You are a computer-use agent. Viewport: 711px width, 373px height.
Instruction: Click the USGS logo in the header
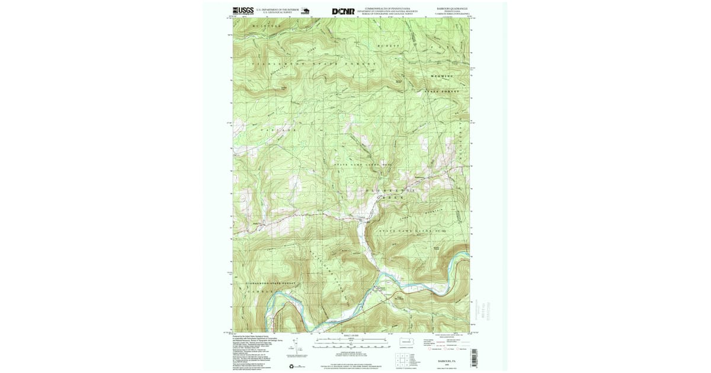pos(243,11)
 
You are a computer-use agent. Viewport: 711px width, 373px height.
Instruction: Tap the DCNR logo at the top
pos(343,11)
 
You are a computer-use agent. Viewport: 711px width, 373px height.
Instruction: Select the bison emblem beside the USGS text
pos(306,11)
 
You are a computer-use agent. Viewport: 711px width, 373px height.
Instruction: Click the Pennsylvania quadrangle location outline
pos(405,342)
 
